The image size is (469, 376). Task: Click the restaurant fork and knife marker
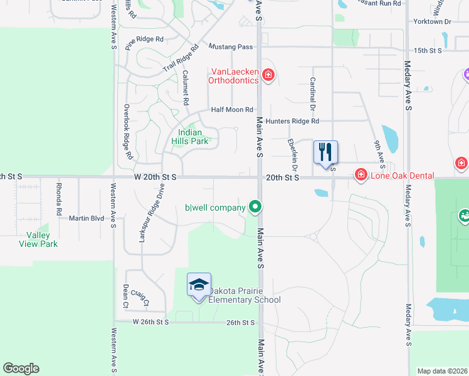325,152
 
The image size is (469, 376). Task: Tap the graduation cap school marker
199,285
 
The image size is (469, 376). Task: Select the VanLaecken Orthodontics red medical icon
268,76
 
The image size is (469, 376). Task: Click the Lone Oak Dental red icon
361,174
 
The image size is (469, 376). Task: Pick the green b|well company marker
255,206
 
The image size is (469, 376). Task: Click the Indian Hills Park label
190,137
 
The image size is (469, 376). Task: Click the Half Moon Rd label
232,109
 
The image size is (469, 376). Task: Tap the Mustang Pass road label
230,47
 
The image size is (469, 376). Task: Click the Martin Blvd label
87,218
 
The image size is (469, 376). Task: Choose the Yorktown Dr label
432,22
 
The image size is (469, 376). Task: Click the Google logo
21,368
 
